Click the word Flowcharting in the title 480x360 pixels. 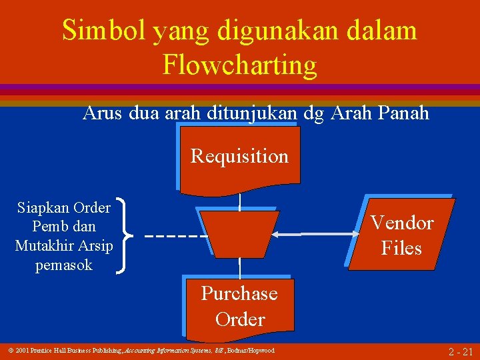[239, 65]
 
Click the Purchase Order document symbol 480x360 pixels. [240, 307]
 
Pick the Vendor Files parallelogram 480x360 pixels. [401, 235]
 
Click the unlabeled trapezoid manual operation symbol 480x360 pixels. [239, 234]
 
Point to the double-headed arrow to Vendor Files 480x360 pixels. [320, 235]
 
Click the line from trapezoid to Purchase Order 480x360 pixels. [239, 267]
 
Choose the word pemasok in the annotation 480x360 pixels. [64, 265]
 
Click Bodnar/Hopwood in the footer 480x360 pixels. [252, 351]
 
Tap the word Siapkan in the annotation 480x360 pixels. [42, 207]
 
